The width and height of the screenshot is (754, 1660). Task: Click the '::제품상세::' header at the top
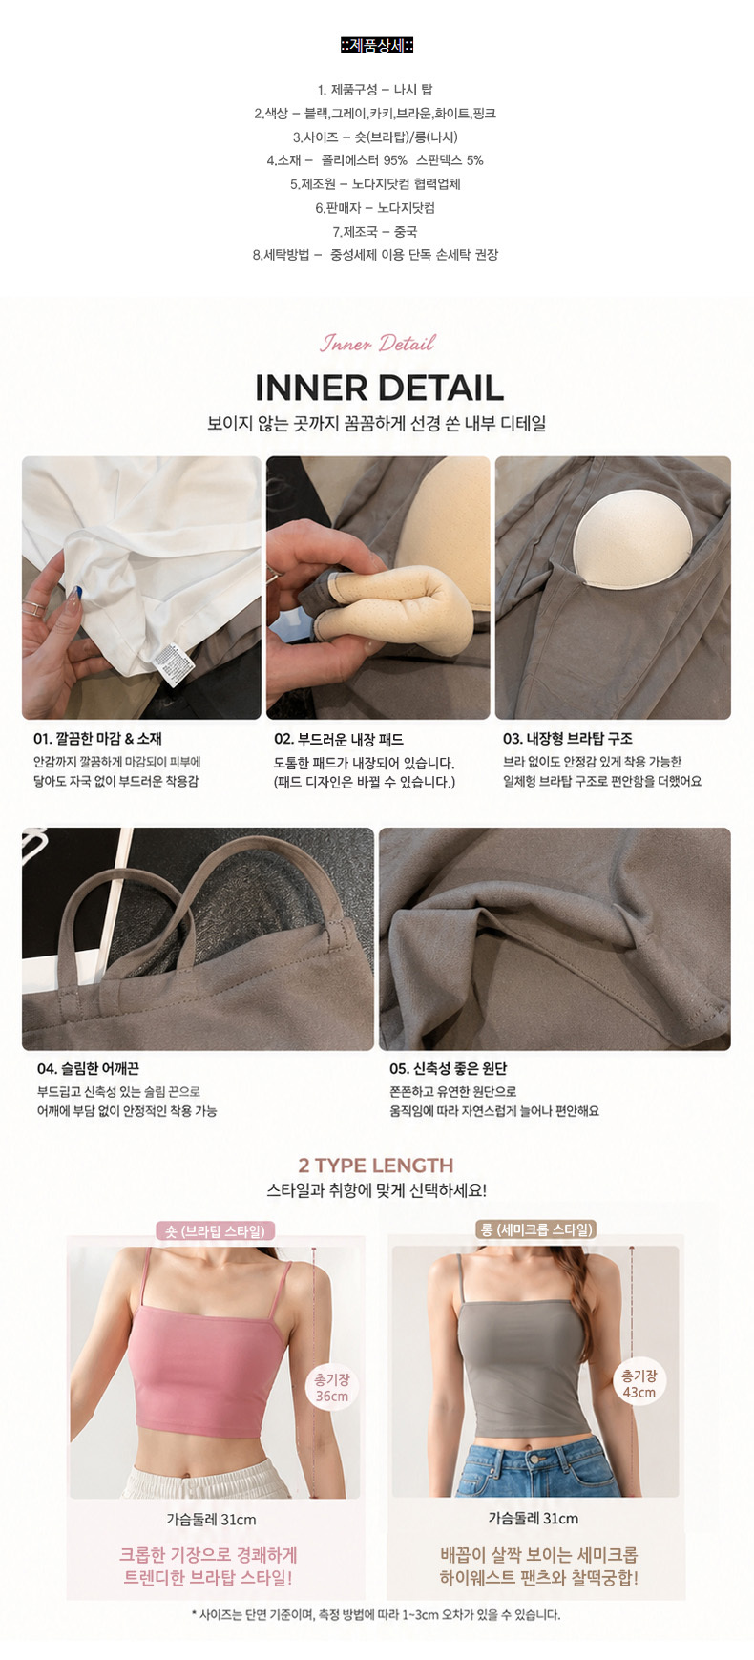(x=377, y=45)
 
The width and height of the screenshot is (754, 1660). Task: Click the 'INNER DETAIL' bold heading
(x=379, y=388)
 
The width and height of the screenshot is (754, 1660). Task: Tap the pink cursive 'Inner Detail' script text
(x=378, y=343)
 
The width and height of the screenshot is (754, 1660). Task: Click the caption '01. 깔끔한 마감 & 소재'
(x=97, y=738)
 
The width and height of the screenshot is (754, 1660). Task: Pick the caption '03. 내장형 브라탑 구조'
(x=568, y=738)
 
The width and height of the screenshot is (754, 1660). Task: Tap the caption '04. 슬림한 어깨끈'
(x=88, y=1068)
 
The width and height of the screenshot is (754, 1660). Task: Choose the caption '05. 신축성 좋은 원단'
(x=449, y=1068)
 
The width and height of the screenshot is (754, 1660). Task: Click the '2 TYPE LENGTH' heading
(x=376, y=1166)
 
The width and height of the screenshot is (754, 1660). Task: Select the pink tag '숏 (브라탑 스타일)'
(x=215, y=1231)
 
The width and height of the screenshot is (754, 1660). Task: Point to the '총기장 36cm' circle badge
(x=332, y=1387)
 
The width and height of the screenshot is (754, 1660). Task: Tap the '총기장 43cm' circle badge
(x=639, y=1383)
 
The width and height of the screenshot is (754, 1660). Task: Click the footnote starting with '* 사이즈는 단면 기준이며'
(x=376, y=1614)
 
